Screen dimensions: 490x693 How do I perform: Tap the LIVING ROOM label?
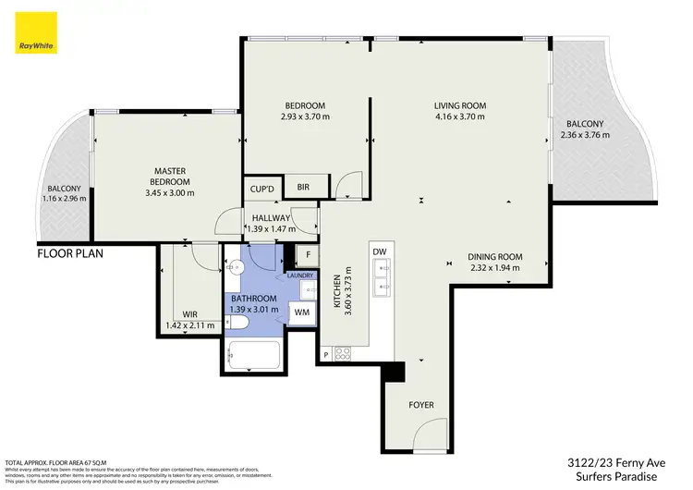459,105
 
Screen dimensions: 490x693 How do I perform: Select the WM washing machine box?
301,313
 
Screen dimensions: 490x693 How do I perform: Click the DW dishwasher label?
379,251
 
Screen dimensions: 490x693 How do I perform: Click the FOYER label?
421,405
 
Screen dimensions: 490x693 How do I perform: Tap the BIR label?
303,188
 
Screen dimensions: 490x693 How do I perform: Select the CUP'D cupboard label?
262,190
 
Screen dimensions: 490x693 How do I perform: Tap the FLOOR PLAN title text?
70,252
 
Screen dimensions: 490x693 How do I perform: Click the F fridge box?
309,255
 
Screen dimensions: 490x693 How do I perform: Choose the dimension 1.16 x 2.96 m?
66,198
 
